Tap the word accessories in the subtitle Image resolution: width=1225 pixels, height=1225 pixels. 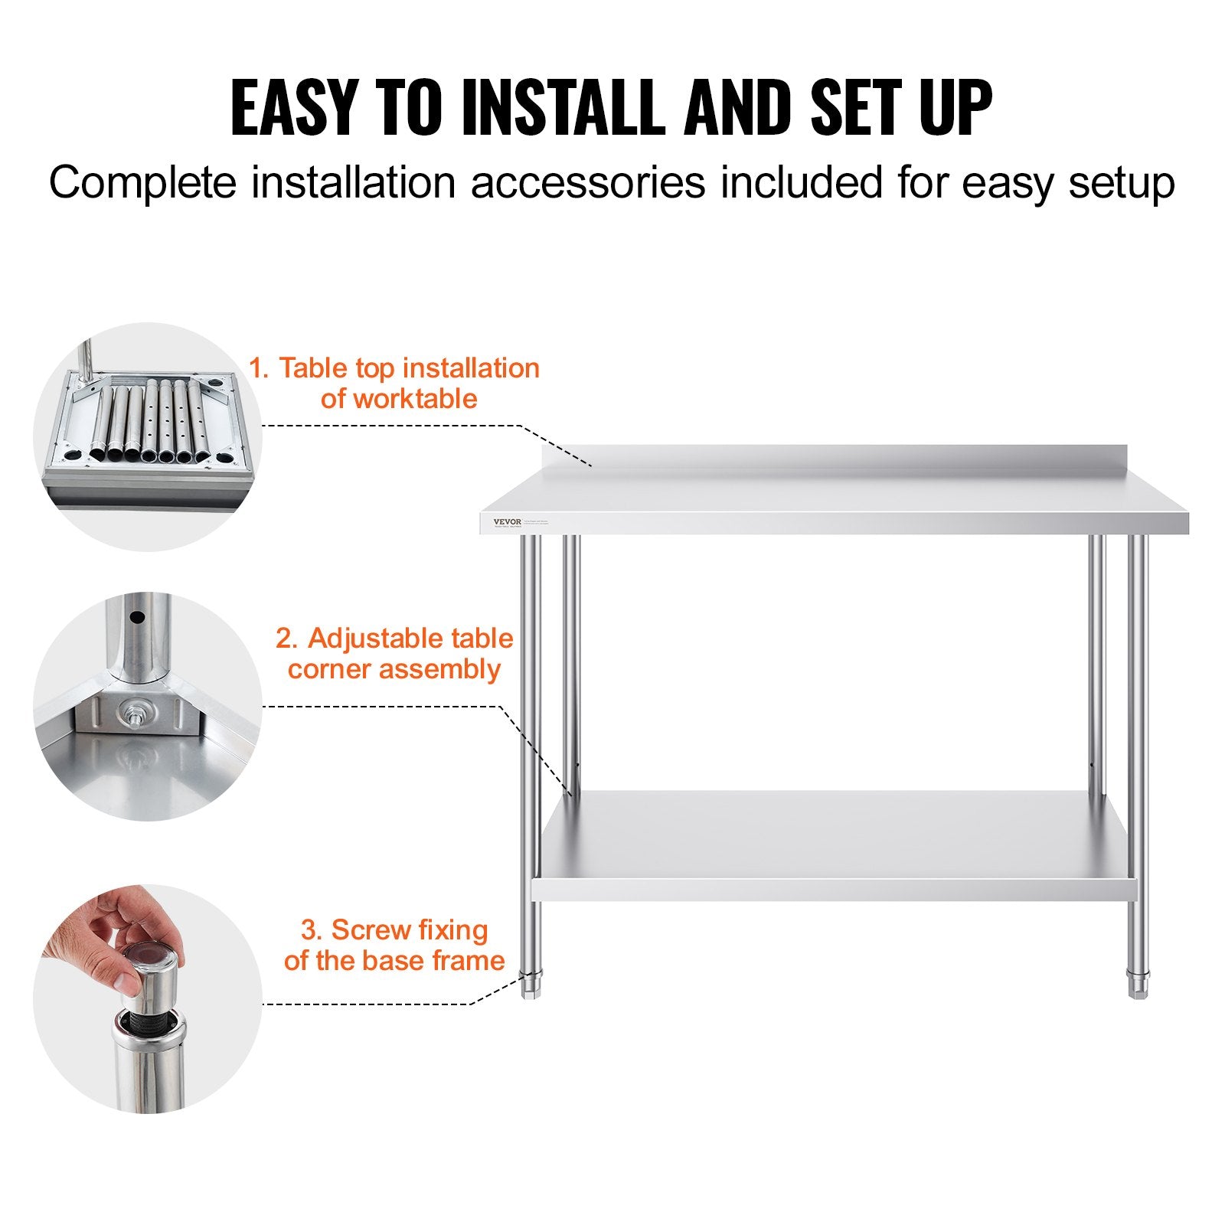[x=587, y=184]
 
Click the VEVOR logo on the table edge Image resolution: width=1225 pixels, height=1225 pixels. [x=507, y=522]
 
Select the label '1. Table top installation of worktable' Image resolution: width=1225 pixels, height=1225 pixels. [x=394, y=383]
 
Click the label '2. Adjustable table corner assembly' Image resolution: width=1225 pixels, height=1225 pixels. [x=394, y=653]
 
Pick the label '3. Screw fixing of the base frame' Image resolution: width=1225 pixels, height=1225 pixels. [x=394, y=945]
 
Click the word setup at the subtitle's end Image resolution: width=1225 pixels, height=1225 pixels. [x=1121, y=184]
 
